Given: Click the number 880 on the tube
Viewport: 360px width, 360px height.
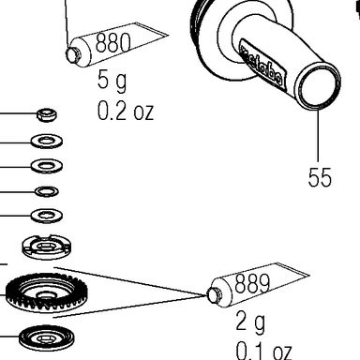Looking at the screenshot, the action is click(x=112, y=42).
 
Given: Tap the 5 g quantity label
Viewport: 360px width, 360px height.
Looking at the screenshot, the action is click(x=112, y=81).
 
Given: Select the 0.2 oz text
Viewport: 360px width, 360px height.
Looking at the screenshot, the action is click(x=126, y=112).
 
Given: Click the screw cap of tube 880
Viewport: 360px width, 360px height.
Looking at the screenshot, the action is click(x=73, y=54).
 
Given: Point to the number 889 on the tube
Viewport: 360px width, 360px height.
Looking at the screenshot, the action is click(x=252, y=283).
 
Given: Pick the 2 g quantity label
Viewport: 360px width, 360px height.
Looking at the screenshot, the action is click(x=250, y=322).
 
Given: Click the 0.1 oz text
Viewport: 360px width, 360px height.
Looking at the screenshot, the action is click(x=263, y=351).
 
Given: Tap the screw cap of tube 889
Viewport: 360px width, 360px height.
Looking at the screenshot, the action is click(x=214, y=295).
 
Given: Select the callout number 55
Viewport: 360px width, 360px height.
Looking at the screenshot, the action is click(x=320, y=177).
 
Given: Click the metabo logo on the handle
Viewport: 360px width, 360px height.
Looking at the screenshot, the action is click(x=262, y=66).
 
